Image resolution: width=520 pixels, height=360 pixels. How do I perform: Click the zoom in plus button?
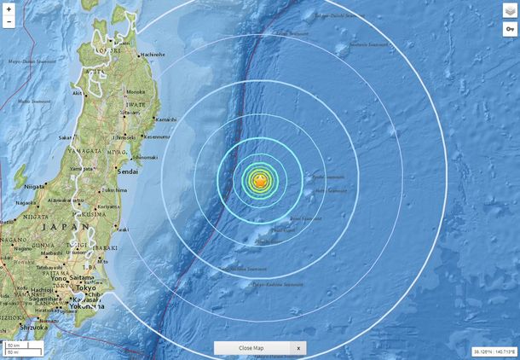(x=9, y=9)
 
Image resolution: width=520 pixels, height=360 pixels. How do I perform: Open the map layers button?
(x=510, y=11)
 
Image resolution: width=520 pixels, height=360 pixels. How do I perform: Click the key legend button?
(x=510, y=29)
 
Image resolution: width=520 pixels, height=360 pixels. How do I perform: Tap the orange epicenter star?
(x=261, y=181)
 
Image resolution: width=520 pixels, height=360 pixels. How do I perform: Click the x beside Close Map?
(x=298, y=348)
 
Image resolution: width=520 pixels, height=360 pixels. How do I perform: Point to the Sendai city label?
(x=128, y=171)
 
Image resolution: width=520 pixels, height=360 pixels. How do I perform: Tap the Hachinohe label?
(x=153, y=54)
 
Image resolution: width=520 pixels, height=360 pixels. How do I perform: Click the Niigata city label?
(x=35, y=185)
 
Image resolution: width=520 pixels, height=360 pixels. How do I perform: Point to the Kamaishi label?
(x=165, y=119)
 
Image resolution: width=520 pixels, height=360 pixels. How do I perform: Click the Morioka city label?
(x=136, y=92)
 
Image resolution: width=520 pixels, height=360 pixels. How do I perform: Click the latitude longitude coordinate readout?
(x=494, y=351)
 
